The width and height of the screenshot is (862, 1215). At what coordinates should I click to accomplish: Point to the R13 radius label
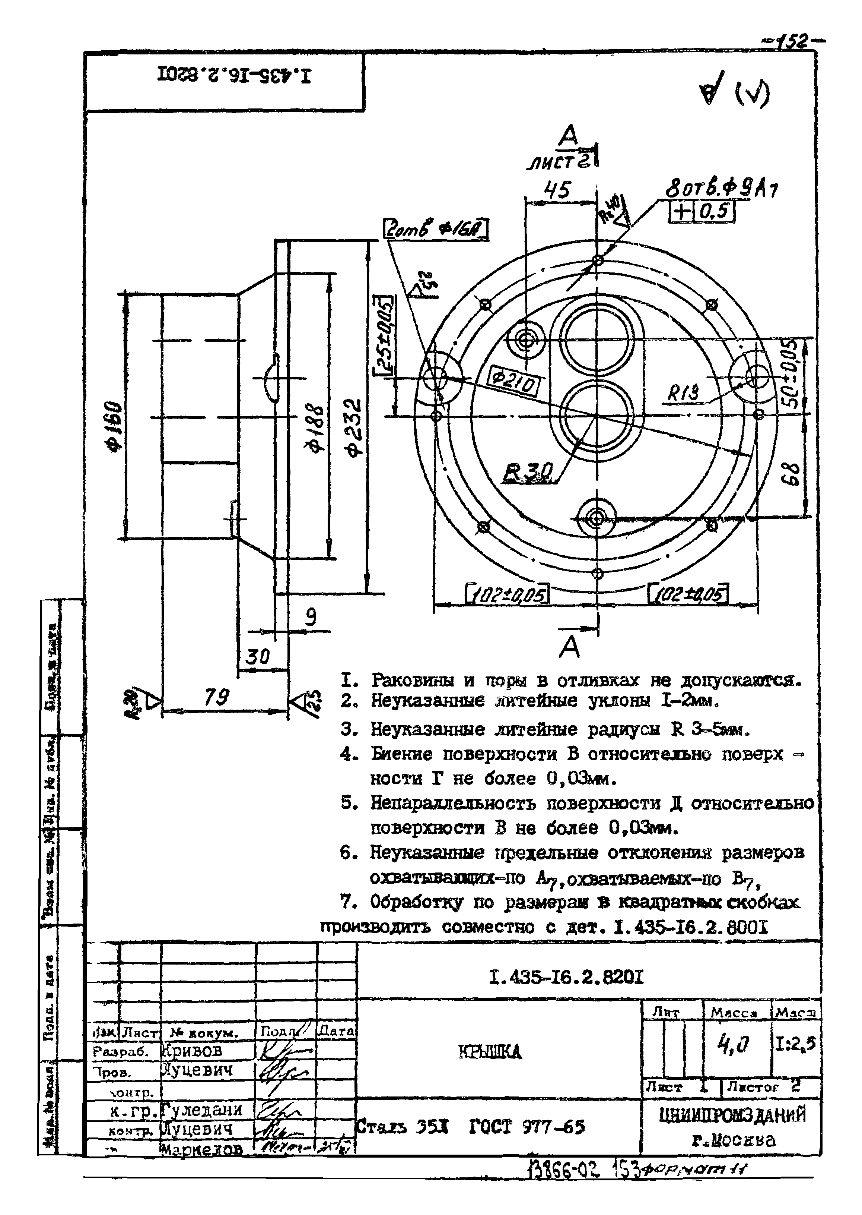pos(683,394)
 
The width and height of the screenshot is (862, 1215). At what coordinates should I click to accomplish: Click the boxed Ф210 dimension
pos(513,381)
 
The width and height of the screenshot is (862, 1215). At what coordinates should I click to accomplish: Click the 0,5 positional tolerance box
pos(716,212)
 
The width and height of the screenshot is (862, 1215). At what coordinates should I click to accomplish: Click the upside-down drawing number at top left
pos(233,76)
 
